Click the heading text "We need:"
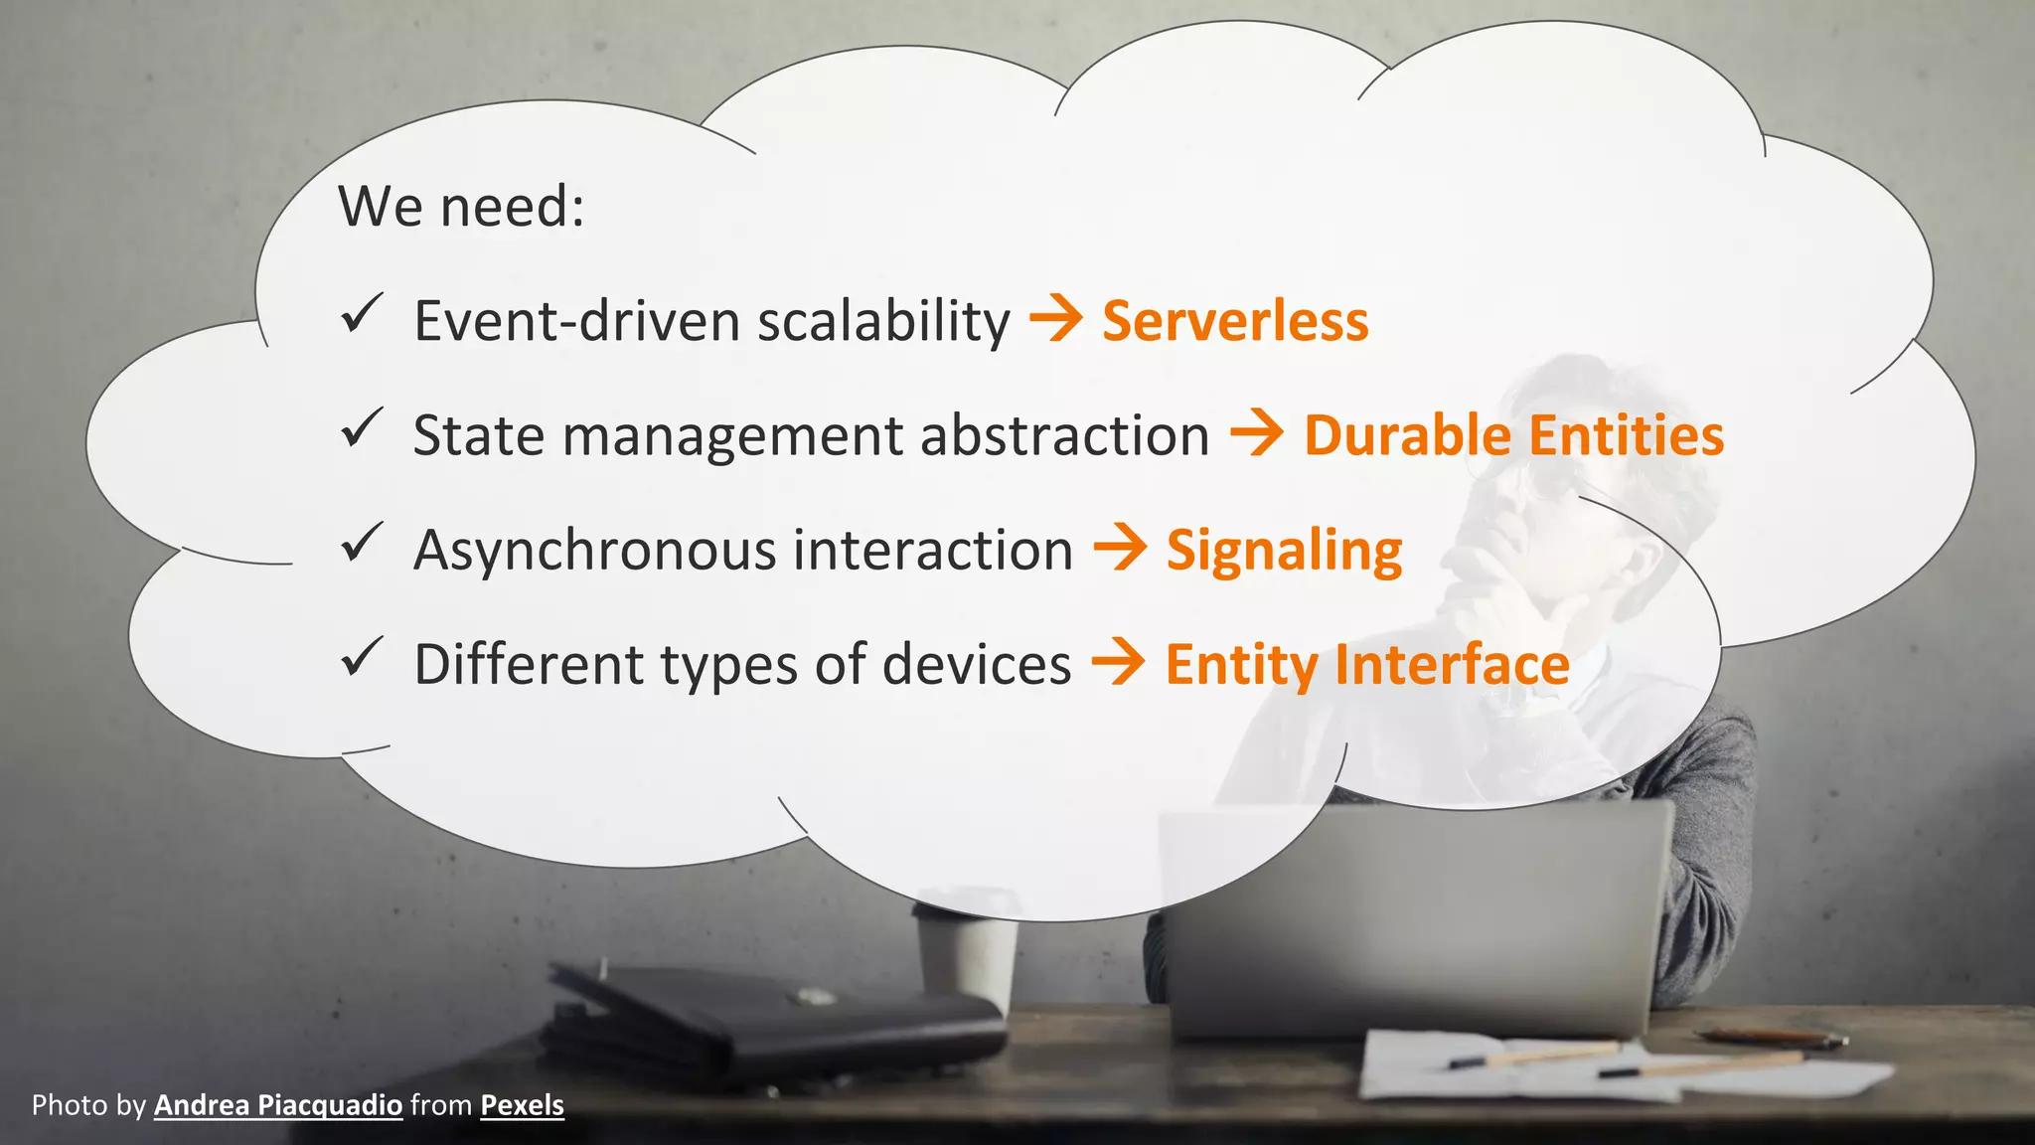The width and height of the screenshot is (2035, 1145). point(461,207)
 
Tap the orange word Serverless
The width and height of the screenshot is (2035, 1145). point(1235,321)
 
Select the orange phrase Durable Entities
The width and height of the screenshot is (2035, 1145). point(1513,435)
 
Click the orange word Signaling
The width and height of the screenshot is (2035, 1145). point(1284,551)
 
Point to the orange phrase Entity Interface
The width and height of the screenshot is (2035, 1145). point(1367,664)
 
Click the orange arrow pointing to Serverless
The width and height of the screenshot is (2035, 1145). point(1055,320)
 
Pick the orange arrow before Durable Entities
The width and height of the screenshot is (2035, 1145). point(1257,434)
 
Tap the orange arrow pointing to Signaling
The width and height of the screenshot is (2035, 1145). point(1120,549)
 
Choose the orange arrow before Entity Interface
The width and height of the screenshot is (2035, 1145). point(1118,663)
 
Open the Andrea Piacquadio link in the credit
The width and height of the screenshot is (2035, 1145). point(278,1105)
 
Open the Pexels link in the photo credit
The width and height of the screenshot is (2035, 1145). point(522,1105)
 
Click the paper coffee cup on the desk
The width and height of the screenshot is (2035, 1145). point(966,954)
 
